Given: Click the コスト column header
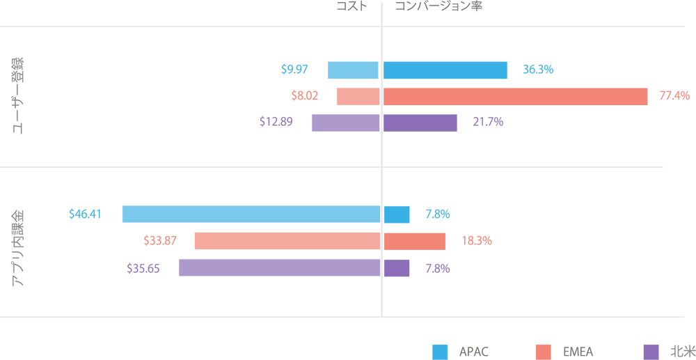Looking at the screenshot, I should (x=351, y=6).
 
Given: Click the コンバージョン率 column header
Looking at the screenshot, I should (x=438, y=6).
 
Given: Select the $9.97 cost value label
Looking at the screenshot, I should (x=294, y=70).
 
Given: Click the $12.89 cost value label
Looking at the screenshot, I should (x=276, y=122).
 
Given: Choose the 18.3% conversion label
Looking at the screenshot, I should (x=477, y=241).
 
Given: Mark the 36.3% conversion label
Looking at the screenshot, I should (x=538, y=70).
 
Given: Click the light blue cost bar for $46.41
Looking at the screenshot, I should (x=251, y=214).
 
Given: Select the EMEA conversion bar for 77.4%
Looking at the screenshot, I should (x=515, y=96).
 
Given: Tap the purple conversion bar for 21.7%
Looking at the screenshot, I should (x=420, y=123).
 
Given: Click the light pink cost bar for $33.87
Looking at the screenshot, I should (x=287, y=241).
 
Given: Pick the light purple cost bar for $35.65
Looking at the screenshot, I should (x=280, y=267).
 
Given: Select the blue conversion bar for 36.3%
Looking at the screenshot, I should (x=445, y=70).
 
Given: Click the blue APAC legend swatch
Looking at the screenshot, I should (x=440, y=351).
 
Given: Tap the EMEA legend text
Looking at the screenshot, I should (x=578, y=351).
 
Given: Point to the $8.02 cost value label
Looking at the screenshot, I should (x=305, y=96).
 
